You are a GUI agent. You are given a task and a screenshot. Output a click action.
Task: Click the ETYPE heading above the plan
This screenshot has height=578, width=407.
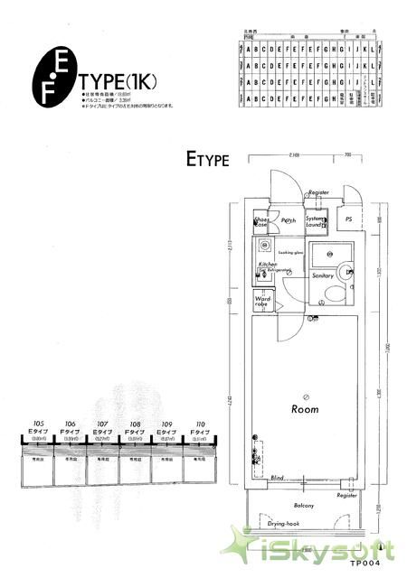pyautogui.click(x=208, y=161)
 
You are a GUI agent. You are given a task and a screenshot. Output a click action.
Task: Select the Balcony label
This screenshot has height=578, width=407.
pyautogui.click(x=305, y=507)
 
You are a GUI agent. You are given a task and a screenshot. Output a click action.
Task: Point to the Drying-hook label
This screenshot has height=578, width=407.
pyautogui.click(x=284, y=523)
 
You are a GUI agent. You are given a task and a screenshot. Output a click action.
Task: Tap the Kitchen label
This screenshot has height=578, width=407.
pyautogui.click(x=267, y=265)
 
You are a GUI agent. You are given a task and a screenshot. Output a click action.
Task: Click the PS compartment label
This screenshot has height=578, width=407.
pyautogui.click(x=348, y=219)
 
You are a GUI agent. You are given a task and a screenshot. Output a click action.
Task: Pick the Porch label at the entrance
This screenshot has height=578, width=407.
pyautogui.click(x=289, y=221)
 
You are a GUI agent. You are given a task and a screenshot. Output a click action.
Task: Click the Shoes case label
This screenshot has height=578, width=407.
pyautogui.click(x=262, y=222)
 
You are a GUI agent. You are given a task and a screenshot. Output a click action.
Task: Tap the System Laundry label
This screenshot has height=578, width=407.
pyautogui.click(x=315, y=221)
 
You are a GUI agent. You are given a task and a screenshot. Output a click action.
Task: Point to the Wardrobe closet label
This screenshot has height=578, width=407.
pyautogui.click(x=263, y=302)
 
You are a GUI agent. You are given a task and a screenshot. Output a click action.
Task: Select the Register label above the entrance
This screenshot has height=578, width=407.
pyautogui.click(x=317, y=193)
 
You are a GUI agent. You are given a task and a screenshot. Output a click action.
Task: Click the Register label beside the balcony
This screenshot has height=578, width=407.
pyautogui.click(x=346, y=496)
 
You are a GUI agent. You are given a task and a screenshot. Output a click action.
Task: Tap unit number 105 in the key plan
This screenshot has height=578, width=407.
pyautogui.click(x=38, y=423)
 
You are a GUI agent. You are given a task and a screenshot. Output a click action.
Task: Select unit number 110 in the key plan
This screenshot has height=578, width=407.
pyautogui.click(x=199, y=423)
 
